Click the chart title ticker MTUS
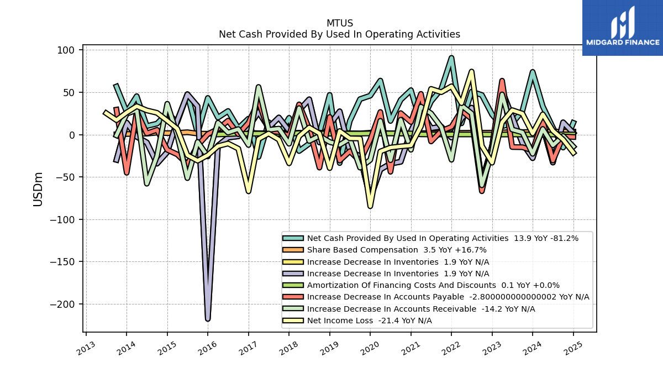[x=339, y=23]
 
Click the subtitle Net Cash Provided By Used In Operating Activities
[x=339, y=34]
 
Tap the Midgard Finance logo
[x=623, y=28]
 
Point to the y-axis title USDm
[x=38, y=189]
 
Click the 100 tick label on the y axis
[x=66, y=50]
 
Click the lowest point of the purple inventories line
[x=208, y=319]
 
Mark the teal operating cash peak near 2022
[x=451, y=57]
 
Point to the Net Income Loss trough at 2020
[x=370, y=206]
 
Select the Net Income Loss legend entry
[x=357, y=321]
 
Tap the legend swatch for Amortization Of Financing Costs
[x=293, y=285]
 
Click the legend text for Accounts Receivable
[x=392, y=309]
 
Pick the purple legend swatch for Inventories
[x=293, y=274]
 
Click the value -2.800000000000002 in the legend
[x=513, y=297]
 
